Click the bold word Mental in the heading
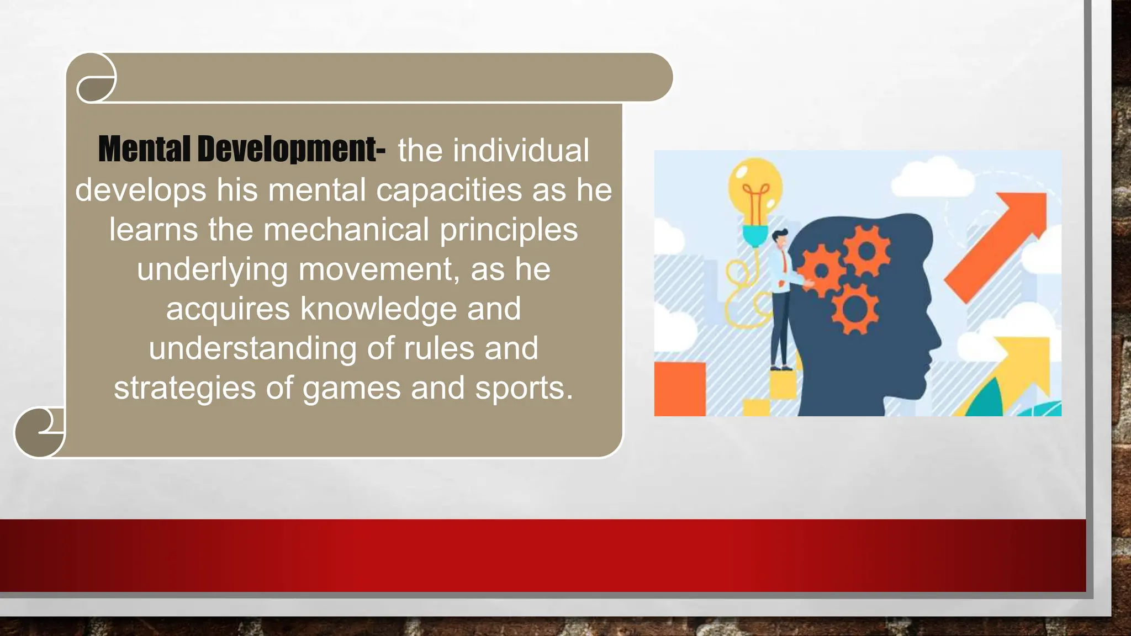tap(145, 149)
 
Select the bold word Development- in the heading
tap(291, 149)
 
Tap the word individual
tap(521, 150)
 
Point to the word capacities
tap(448, 190)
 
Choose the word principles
tap(509, 230)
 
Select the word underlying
tap(212, 269)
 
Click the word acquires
tap(228, 309)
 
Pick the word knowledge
tap(378, 309)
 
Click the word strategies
tap(184, 388)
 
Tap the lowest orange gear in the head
tap(855, 309)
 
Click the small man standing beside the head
tap(781, 298)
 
